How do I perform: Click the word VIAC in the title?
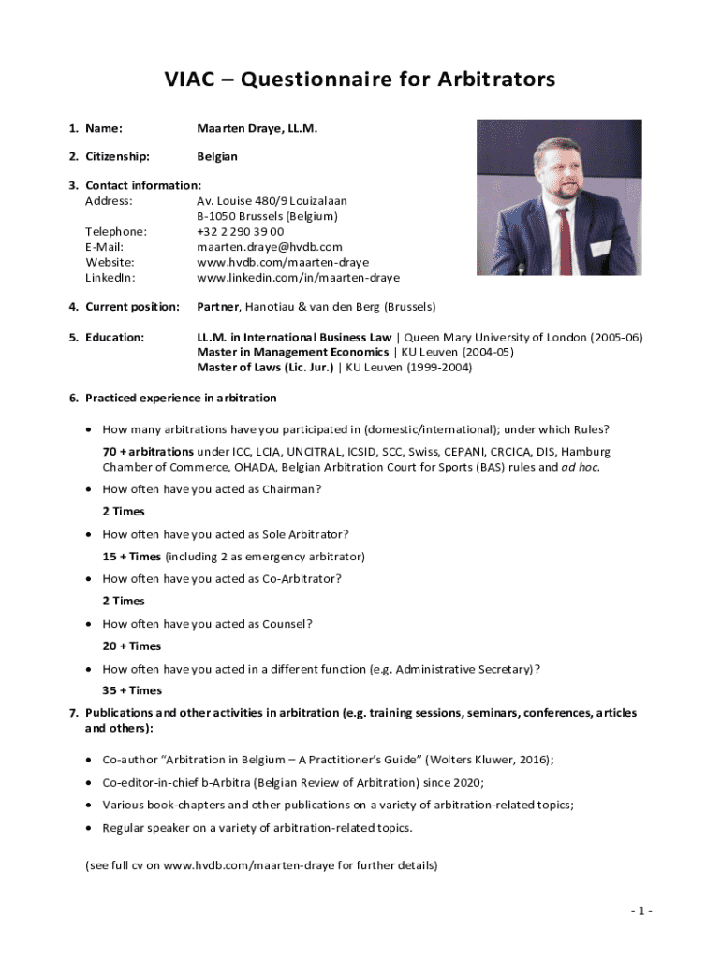tap(191, 80)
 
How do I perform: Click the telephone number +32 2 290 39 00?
tap(241, 231)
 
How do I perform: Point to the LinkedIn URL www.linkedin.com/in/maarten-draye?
tap(298, 278)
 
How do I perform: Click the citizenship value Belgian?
tap(217, 156)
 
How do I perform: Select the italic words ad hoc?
tap(579, 467)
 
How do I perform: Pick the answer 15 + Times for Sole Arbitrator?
tap(132, 556)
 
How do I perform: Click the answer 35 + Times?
tap(132, 690)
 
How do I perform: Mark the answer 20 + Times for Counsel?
tap(132, 646)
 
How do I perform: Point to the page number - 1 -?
tap(640, 911)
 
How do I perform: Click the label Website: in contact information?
tap(110, 262)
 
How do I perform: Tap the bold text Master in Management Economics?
tap(292, 352)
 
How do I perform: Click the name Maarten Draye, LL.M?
tap(257, 128)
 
